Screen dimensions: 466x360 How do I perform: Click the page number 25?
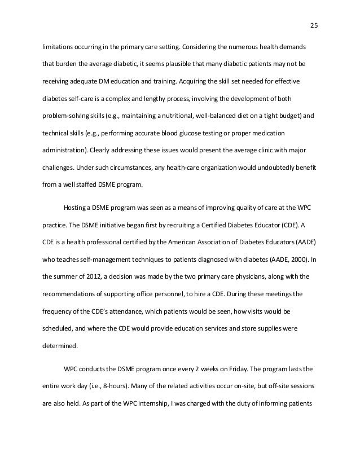coord(314,24)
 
